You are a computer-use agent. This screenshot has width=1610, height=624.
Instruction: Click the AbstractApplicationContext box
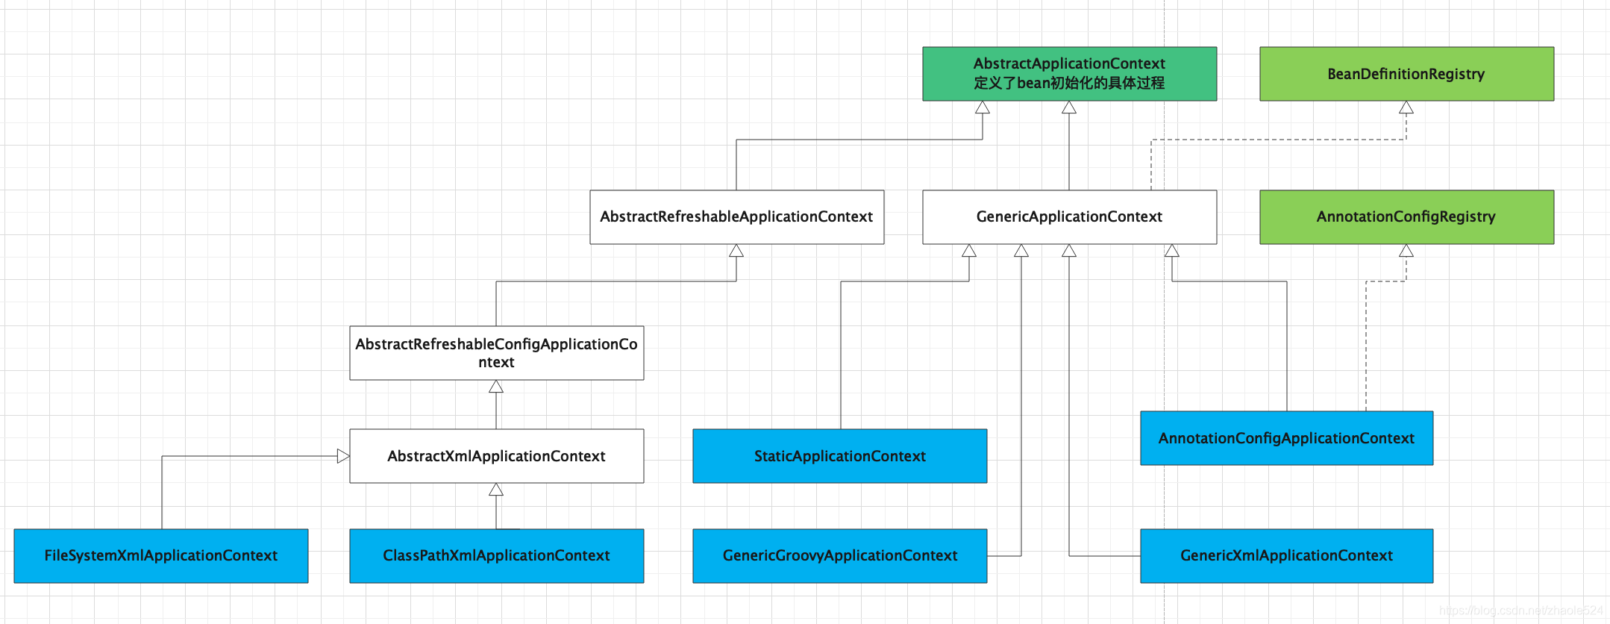pos(1069,74)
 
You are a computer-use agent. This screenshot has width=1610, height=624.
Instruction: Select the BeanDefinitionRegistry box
pos(1406,74)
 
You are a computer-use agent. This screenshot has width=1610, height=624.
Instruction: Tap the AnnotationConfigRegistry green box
pos(1406,217)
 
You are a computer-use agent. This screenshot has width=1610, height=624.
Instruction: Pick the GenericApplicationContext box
pos(1069,217)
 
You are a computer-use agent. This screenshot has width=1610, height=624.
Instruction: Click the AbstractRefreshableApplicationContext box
pos(736,217)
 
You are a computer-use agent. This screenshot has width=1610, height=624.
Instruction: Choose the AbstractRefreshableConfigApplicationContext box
pos(496,353)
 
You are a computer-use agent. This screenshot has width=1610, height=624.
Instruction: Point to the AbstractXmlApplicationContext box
pos(496,456)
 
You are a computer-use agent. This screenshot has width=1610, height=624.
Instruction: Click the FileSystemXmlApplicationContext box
pos(161,556)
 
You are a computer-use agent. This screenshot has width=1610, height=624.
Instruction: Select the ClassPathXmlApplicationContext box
pos(496,556)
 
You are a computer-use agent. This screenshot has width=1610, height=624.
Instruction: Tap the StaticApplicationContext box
pos(840,456)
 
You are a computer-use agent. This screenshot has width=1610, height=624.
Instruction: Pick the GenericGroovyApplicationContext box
pos(840,556)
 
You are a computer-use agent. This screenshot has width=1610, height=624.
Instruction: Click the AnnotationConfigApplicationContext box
pos(1287,438)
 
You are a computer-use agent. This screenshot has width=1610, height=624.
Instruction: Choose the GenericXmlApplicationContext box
pos(1287,556)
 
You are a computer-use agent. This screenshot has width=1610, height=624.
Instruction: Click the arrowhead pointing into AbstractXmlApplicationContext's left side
pos(343,456)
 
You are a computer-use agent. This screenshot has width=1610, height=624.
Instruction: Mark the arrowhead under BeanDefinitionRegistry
pos(1406,107)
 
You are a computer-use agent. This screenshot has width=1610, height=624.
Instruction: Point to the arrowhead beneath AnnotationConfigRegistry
pos(1406,251)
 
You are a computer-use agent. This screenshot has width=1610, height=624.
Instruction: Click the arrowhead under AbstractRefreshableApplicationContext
pos(736,251)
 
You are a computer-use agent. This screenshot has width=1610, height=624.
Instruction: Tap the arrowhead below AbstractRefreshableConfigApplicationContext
pos(496,387)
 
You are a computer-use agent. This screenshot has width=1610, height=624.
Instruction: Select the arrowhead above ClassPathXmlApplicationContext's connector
pos(496,490)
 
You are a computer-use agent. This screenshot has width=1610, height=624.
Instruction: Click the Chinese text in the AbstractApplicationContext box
pos(1069,83)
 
